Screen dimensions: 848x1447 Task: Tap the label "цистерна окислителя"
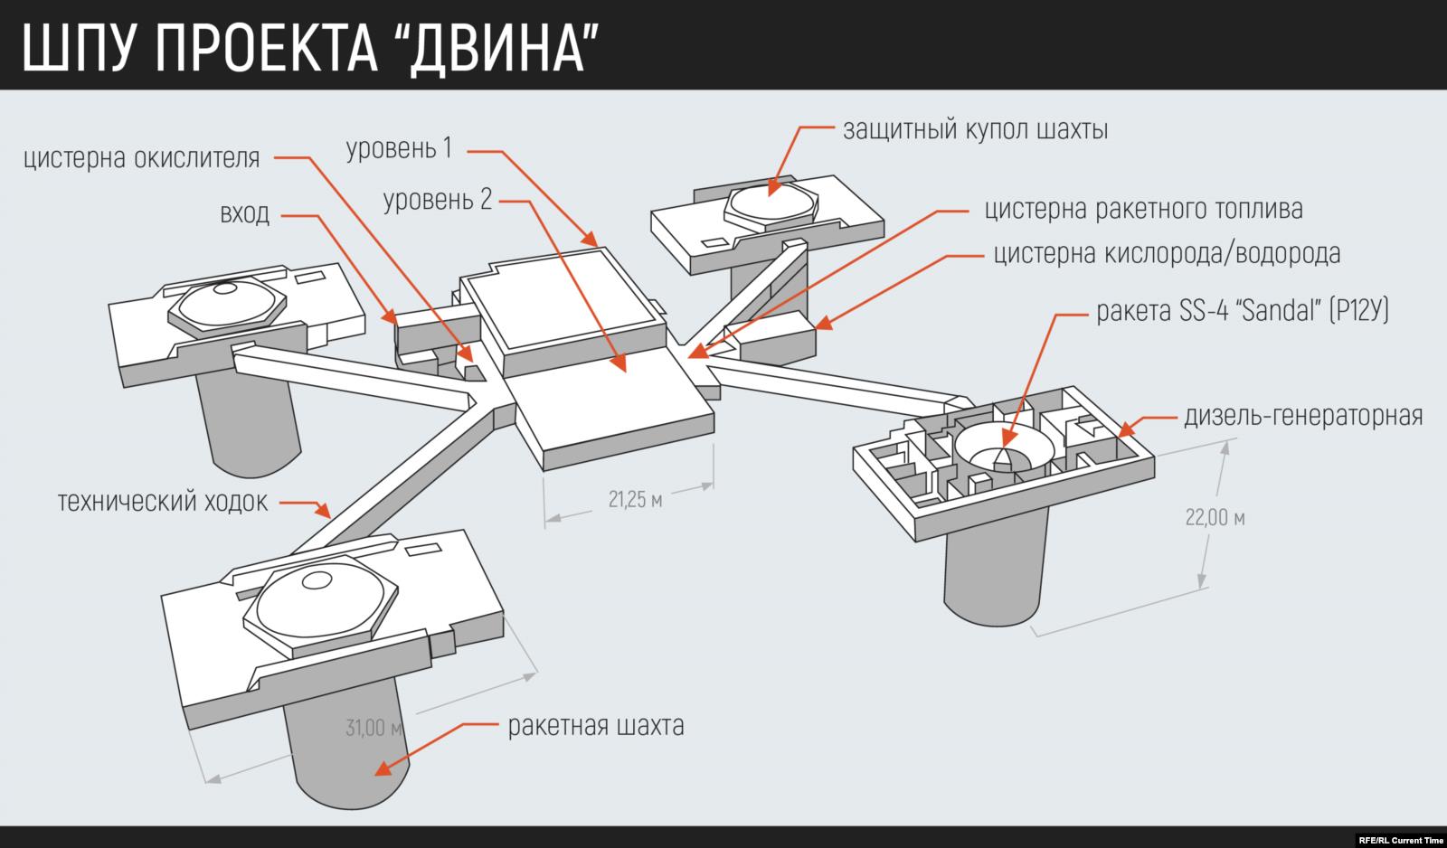click(143, 159)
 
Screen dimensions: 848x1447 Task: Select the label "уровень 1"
click(399, 148)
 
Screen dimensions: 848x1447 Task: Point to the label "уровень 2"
click(438, 200)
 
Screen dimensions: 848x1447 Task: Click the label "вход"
click(244, 215)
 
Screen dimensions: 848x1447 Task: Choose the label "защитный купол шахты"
click(976, 130)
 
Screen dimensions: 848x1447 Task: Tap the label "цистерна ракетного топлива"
click(1143, 210)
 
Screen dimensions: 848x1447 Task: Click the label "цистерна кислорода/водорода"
click(1167, 254)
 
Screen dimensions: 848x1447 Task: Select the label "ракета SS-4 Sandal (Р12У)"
click(1242, 313)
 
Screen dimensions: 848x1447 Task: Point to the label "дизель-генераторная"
click(1303, 416)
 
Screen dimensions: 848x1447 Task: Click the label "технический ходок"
click(163, 501)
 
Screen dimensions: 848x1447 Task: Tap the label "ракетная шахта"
click(595, 725)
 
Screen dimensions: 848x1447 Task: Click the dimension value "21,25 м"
click(635, 500)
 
